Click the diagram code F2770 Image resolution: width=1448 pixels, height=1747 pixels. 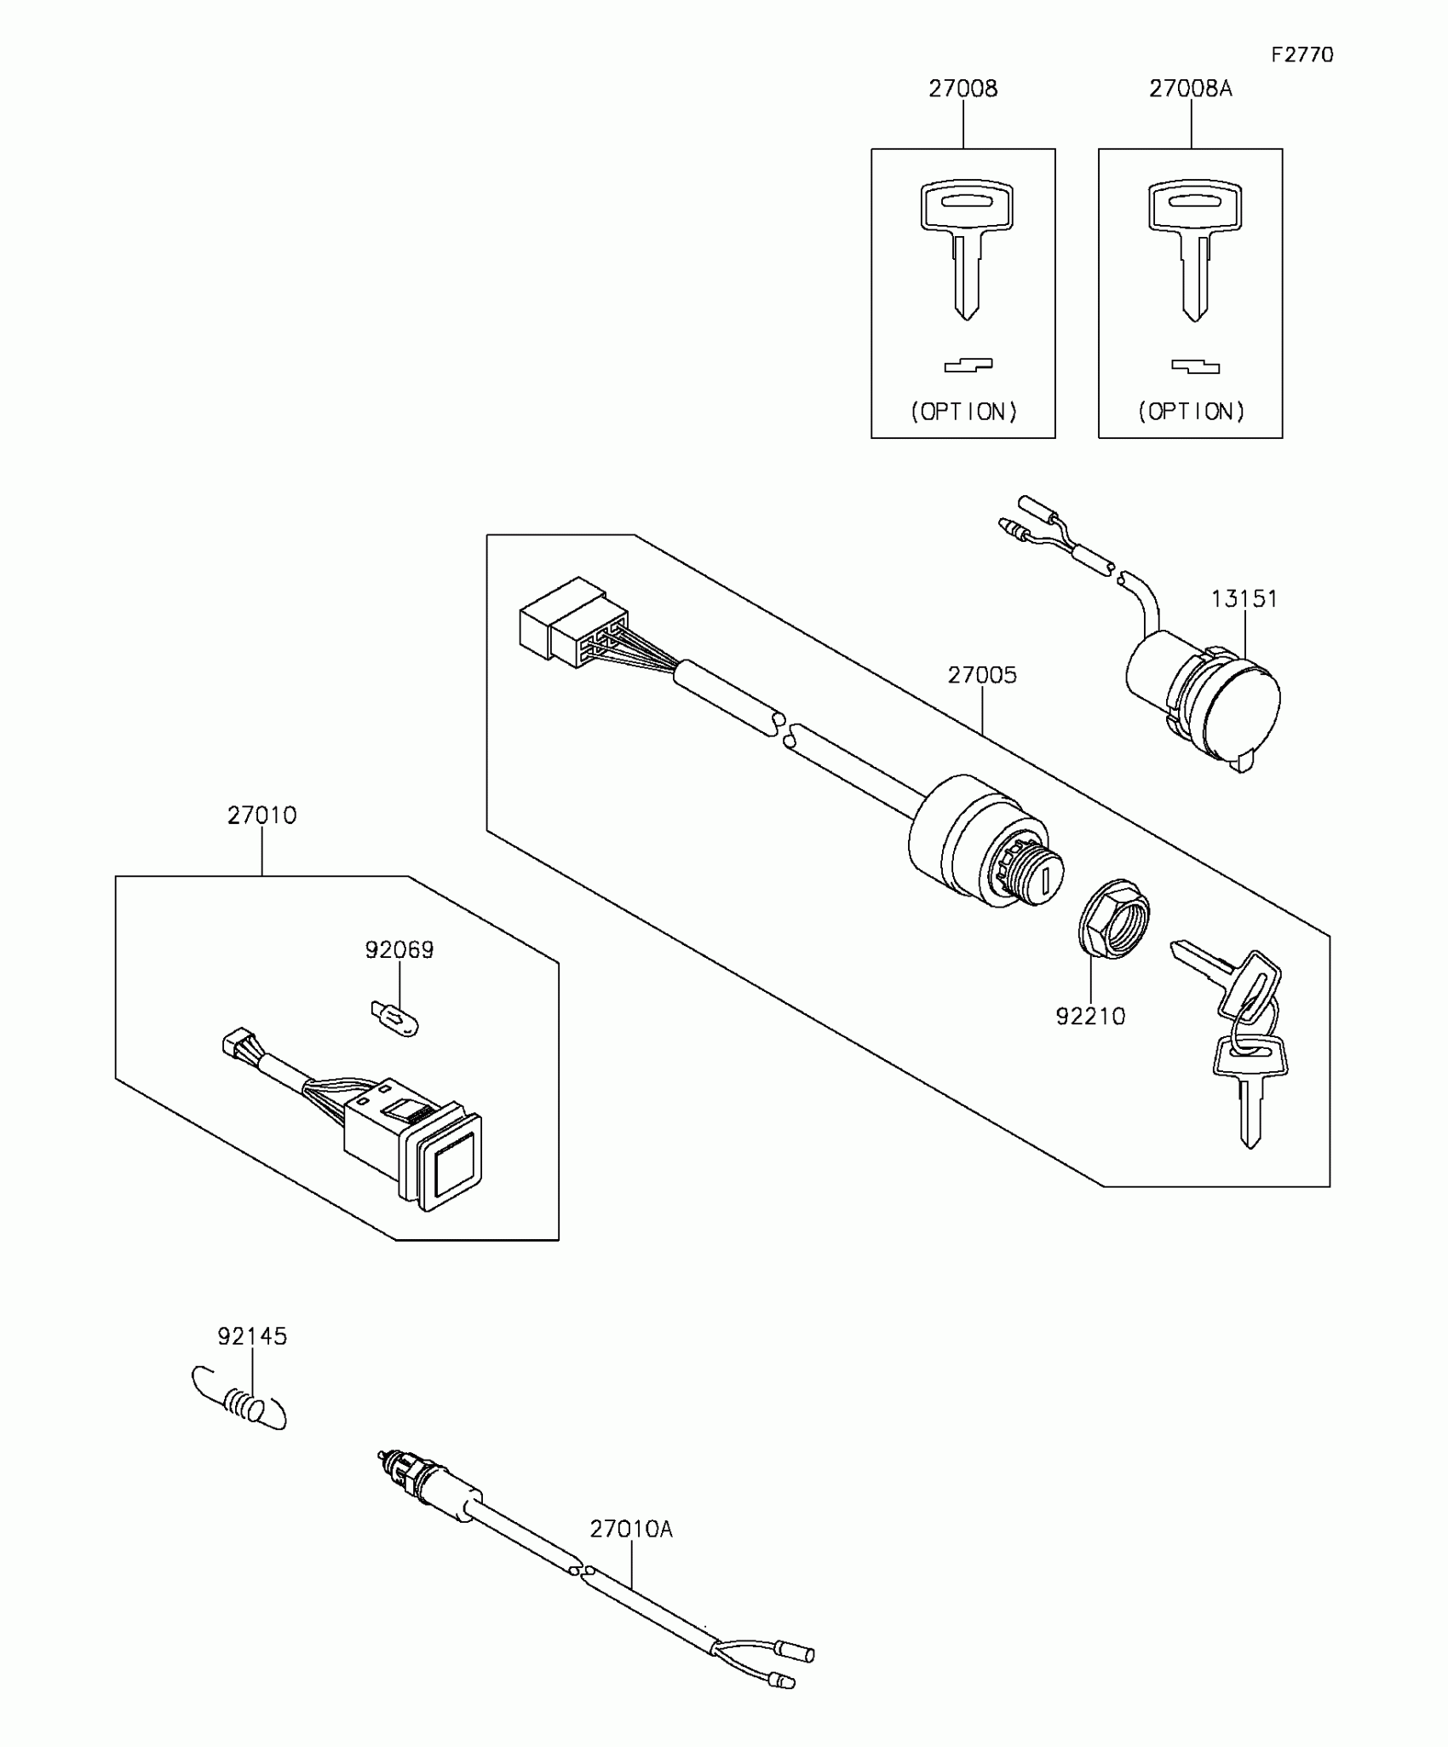click(x=1301, y=55)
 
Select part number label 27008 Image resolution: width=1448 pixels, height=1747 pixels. click(x=962, y=89)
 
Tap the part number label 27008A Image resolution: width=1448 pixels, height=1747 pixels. click(x=1190, y=89)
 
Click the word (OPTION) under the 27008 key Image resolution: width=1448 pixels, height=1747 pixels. click(x=963, y=412)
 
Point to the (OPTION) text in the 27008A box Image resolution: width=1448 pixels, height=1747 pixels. click(x=1191, y=412)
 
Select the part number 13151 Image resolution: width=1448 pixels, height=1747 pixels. click(x=1244, y=599)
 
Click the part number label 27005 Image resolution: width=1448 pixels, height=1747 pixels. click(x=982, y=675)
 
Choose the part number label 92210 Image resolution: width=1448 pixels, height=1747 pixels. click(x=1090, y=1016)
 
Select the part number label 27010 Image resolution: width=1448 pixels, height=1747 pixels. click(x=261, y=816)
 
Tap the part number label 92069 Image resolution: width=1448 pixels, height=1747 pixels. click(x=399, y=949)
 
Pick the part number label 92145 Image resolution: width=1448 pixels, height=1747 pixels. click(x=252, y=1336)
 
